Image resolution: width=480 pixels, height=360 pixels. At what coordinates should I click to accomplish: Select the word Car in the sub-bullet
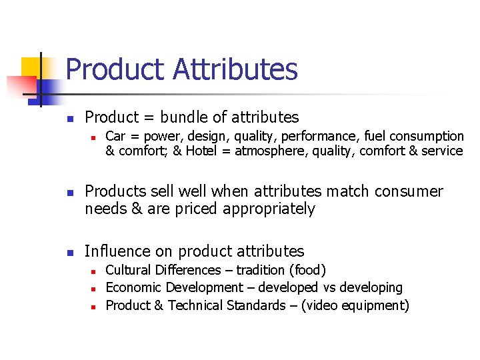coord(115,136)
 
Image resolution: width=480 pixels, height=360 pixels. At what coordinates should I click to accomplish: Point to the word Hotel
coord(207,151)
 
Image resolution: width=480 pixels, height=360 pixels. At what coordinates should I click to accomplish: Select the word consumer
coord(409,192)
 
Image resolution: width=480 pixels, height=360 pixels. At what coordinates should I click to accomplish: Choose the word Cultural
coord(128,270)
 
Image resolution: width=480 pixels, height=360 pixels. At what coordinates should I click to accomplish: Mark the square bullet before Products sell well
coord(69,193)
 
